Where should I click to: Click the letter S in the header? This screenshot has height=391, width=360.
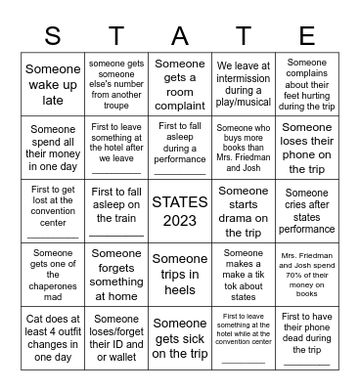[53, 37]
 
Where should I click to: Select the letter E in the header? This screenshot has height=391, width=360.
[307, 37]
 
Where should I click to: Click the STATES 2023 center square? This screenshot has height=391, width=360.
[180, 211]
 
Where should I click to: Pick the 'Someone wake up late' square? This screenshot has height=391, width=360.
[53, 85]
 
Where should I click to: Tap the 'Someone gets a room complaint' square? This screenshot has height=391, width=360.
[180, 85]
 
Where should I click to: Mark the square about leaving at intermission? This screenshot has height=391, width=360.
[244, 85]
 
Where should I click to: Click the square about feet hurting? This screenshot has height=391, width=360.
[307, 85]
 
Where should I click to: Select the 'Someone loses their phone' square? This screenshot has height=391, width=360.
[307, 148]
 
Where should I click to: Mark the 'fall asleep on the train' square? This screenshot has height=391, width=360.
[116, 211]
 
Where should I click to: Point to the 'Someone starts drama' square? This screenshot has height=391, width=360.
[244, 211]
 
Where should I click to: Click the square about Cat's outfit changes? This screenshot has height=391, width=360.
[53, 336]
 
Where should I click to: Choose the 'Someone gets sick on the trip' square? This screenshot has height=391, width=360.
[180, 336]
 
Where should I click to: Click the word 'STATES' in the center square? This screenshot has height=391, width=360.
[180, 202]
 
